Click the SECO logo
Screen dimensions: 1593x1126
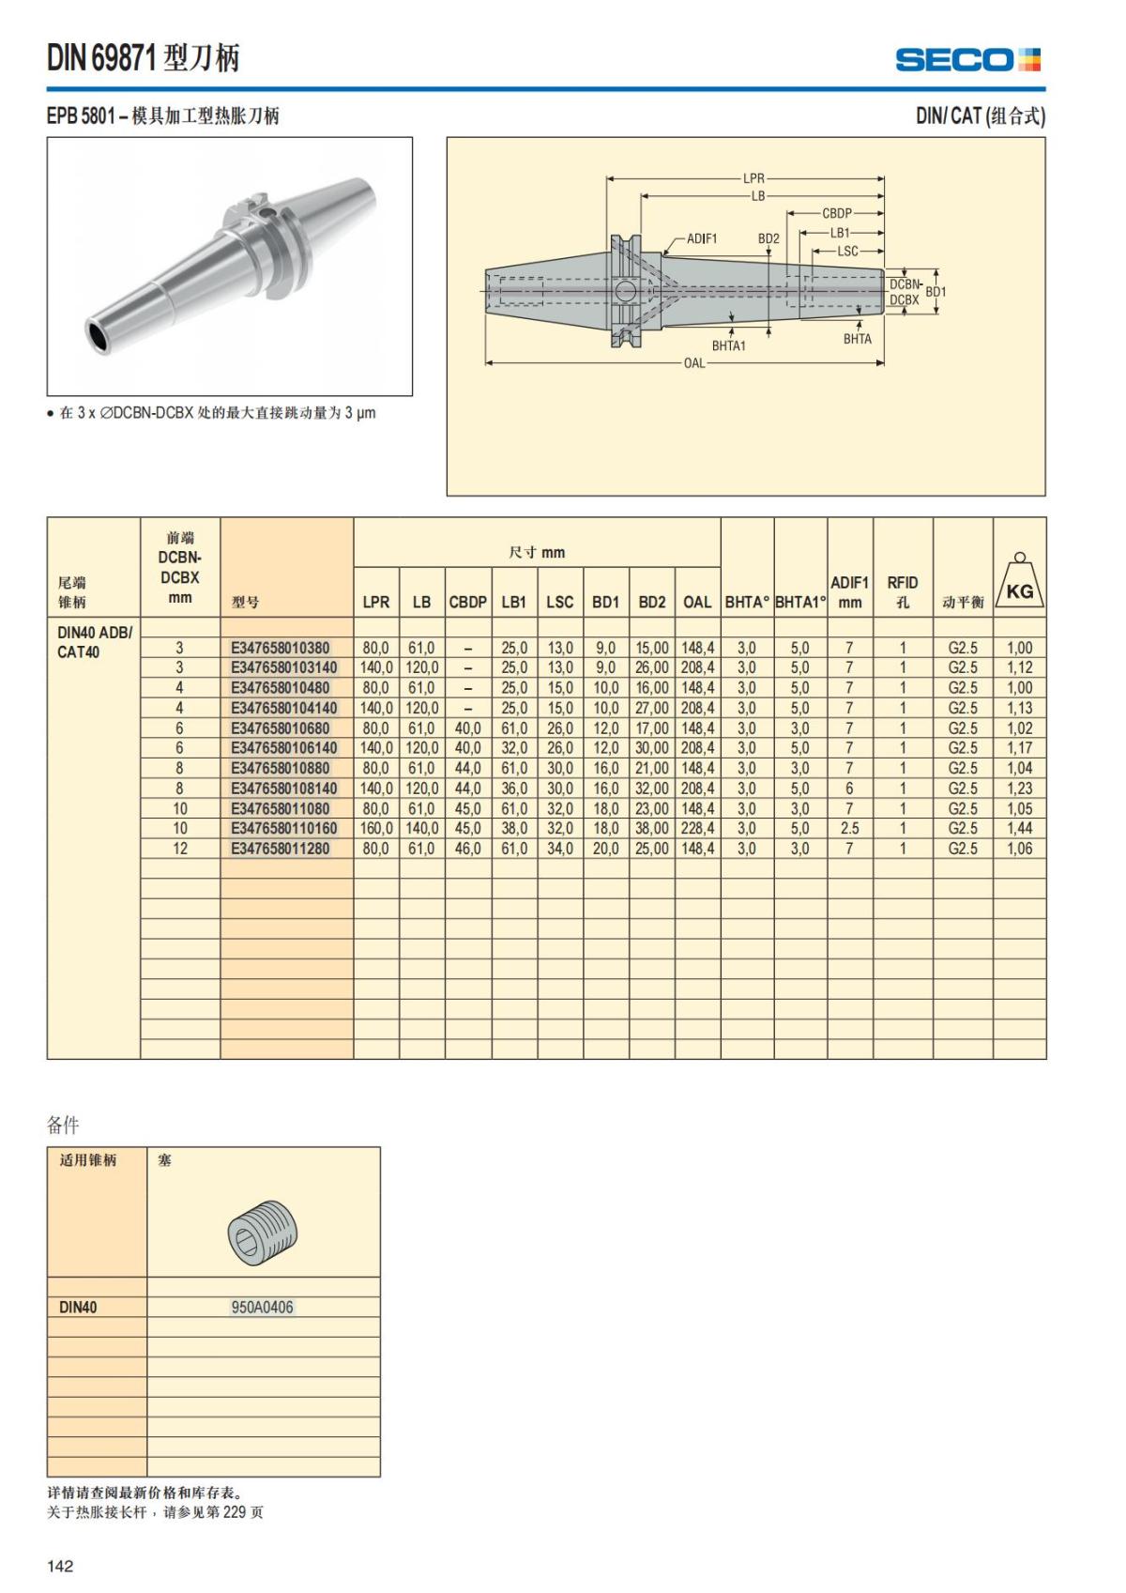click(967, 60)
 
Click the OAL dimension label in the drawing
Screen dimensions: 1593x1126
click(693, 363)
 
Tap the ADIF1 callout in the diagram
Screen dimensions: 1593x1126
click(701, 238)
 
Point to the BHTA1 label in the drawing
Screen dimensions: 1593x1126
click(728, 345)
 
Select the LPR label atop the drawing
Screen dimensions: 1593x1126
click(753, 178)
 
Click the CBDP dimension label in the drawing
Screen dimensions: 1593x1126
click(836, 213)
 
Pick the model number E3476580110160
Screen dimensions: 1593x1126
click(283, 829)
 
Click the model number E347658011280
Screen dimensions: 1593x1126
click(280, 849)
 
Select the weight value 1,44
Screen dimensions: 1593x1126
click(1019, 829)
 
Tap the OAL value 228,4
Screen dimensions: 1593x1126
click(697, 829)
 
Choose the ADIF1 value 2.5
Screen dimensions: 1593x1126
click(849, 829)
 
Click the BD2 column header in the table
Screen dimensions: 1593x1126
click(651, 602)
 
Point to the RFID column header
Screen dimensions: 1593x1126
click(902, 591)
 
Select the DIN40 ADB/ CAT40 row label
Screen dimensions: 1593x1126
click(94, 642)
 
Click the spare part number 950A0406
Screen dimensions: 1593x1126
click(262, 1307)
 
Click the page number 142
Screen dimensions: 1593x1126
click(60, 1566)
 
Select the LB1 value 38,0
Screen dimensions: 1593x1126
click(513, 829)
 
